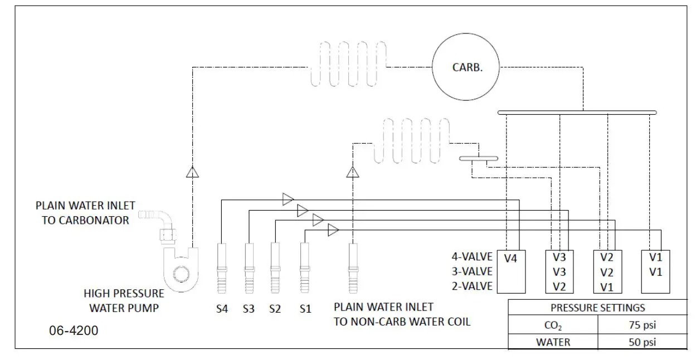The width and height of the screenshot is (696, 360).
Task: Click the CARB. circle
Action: [x=467, y=67]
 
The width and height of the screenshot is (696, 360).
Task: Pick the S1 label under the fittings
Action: [x=305, y=309]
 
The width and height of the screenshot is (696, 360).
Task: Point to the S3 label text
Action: [x=249, y=309]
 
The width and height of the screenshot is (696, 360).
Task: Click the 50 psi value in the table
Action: [x=642, y=342]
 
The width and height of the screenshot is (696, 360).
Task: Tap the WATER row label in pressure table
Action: [x=553, y=342]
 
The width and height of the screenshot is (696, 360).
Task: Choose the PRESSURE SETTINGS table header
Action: [x=597, y=308]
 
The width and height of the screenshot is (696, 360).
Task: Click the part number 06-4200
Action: [x=74, y=330]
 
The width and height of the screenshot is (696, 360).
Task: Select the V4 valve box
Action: [x=511, y=271]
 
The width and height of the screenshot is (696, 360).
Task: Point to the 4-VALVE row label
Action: [x=472, y=257]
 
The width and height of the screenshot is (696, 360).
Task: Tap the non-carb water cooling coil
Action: [x=411, y=140]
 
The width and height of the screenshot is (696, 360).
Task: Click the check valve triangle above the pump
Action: [x=193, y=172]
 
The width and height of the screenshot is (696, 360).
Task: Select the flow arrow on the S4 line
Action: [x=288, y=199]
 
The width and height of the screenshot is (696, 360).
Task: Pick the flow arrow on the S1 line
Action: [x=333, y=230]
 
